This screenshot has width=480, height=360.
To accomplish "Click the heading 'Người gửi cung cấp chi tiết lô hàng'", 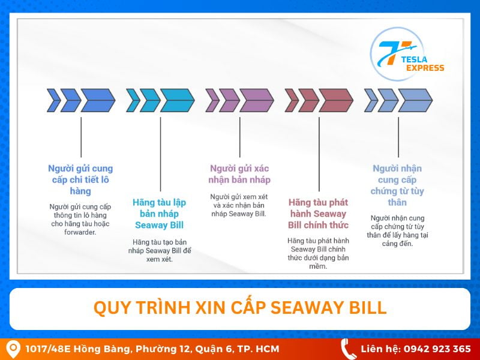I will point(80,179).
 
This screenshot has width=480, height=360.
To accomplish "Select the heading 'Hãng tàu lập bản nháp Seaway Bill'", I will point(159,214).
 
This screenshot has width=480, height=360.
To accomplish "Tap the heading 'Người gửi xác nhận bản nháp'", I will point(239,174).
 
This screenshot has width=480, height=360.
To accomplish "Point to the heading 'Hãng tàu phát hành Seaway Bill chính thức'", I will point(318,214).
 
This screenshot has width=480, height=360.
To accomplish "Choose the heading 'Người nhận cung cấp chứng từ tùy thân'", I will point(397,185).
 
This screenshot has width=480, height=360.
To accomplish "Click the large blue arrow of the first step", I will point(97,100).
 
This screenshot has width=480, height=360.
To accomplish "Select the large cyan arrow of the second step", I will point(176,100).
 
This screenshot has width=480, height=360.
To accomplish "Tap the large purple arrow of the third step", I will point(256,100).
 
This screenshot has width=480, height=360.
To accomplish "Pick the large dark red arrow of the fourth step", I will point(335,100).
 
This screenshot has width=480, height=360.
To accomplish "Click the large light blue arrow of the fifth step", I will point(415,100).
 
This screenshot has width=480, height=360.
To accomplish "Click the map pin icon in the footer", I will point(13,349).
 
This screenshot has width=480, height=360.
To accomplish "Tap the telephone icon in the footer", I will point(348,349).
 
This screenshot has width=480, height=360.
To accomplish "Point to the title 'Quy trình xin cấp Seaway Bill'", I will point(240,308).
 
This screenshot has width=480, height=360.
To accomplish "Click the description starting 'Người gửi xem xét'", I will point(239,205).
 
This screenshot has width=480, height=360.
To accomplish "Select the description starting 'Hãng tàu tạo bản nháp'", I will point(159,250).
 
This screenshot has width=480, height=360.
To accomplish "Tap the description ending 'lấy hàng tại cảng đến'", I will point(397,230).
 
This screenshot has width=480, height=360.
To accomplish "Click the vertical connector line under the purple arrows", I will point(239,137).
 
